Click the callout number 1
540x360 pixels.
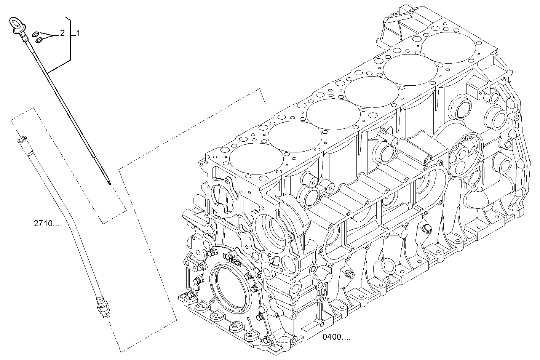78,33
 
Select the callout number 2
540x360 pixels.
62,34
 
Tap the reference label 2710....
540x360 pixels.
48,224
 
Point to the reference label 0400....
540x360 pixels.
336,337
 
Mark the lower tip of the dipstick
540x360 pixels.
110,183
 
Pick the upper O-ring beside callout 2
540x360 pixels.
36,33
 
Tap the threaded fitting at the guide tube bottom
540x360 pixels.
103,307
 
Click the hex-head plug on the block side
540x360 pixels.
426,229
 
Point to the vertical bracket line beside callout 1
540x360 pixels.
71,38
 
